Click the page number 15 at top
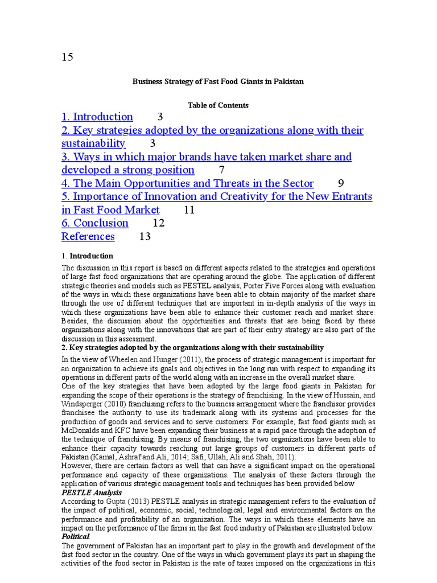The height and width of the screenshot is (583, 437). click(x=67, y=57)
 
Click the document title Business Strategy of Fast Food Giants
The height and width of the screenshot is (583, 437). click(x=218, y=81)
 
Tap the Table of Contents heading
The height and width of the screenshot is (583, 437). click(x=218, y=105)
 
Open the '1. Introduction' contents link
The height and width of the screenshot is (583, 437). click(x=97, y=117)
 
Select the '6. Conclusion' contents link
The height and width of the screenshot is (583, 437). click(x=95, y=223)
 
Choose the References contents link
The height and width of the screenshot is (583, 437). click(x=88, y=236)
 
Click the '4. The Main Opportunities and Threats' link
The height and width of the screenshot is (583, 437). click(x=188, y=183)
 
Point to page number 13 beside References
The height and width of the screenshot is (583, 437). click(x=145, y=236)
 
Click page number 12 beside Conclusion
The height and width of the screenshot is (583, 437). click(x=159, y=223)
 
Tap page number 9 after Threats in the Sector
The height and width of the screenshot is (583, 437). click(x=341, y=183)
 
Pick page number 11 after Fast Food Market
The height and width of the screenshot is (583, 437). click(x=189, y=210)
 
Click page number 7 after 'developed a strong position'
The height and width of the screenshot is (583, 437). click(x=222, y=170)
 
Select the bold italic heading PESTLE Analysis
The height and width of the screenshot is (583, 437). click(x=92, y=492)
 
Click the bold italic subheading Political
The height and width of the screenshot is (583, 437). click(x=76, y=536)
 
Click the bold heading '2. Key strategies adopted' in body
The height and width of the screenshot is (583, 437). click(x=192, y=347)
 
